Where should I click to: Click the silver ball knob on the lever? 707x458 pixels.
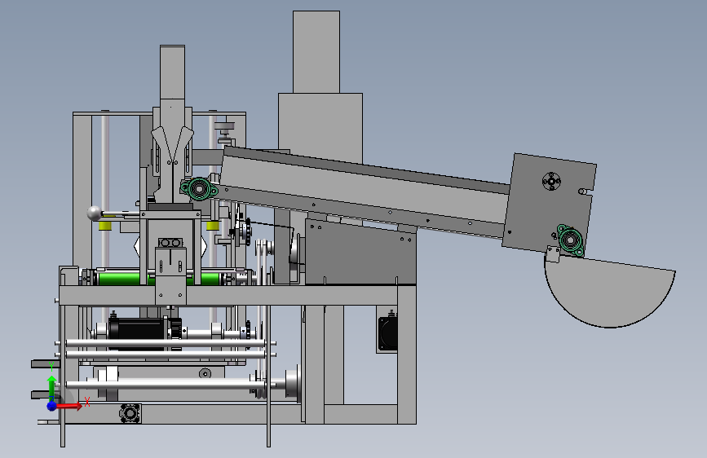click(x=95, y=214)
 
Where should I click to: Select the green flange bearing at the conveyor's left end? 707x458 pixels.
click(x=198, y=189)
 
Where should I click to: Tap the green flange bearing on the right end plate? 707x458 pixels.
click(x=570, y=240)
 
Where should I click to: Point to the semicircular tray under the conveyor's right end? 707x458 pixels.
click(x=609, y=293)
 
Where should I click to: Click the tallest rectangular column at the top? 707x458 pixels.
click(x=316, y=52)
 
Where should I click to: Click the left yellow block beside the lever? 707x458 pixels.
click(x=105, y=225)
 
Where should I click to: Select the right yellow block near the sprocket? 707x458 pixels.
click(x=213, y=225)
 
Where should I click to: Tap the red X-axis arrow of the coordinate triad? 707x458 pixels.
click(x=69, y=406)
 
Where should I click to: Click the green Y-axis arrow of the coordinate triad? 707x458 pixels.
click(x=52, y=387)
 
